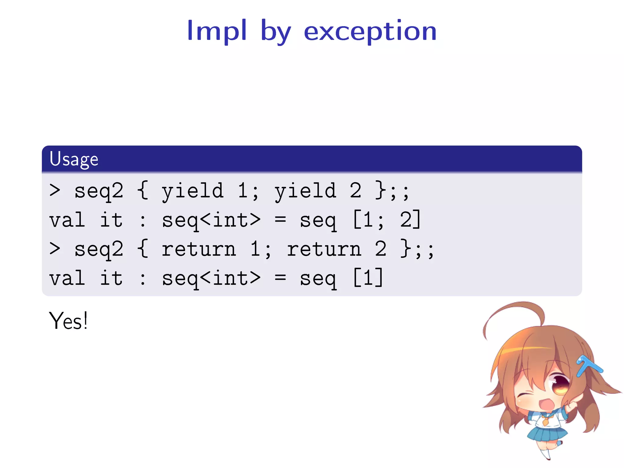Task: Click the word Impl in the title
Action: coord(217,31)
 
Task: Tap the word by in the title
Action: coord(276,32)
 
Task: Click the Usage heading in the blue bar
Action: coord(74,159)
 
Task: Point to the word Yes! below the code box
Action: coord(68,321)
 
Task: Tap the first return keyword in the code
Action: coord(199,249)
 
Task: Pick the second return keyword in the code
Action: coord(324,249)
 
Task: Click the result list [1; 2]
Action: coord(387,219)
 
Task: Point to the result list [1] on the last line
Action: coord(368,278)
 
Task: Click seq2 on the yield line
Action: coord(99,191)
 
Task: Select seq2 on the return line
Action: coord(99,249)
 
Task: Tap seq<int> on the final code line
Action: coord(211,278)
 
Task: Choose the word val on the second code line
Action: coord(67,219)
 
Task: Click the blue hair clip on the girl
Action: coord(588,366)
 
